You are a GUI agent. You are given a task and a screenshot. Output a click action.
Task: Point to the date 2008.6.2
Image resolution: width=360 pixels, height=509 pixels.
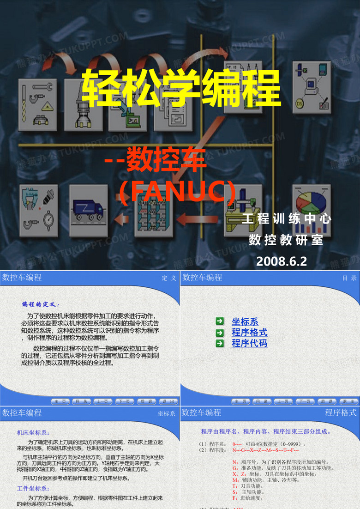pos(281,261)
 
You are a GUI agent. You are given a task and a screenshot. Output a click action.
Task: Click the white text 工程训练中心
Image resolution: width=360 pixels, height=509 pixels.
pos(286,218)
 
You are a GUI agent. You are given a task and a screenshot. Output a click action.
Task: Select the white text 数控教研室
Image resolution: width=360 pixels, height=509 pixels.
pos(286,240)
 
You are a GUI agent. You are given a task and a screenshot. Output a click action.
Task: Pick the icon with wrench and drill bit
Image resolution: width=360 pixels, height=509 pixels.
pos(38,104)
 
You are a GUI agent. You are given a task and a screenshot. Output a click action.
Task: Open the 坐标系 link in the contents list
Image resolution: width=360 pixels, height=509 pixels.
pos(245,322)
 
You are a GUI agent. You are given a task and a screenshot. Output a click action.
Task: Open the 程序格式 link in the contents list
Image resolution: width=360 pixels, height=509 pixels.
pos(249,333)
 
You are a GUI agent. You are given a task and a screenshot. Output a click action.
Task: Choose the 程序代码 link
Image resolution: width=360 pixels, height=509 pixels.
pos(249,343)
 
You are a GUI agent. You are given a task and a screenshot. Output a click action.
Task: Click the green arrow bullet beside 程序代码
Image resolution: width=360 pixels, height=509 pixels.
pos(220,343)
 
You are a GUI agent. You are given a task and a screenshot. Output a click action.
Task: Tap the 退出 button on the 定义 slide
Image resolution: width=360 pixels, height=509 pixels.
pos(169,401)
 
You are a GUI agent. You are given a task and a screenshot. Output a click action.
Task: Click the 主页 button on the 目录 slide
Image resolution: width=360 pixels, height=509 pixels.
pos(240,401)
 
